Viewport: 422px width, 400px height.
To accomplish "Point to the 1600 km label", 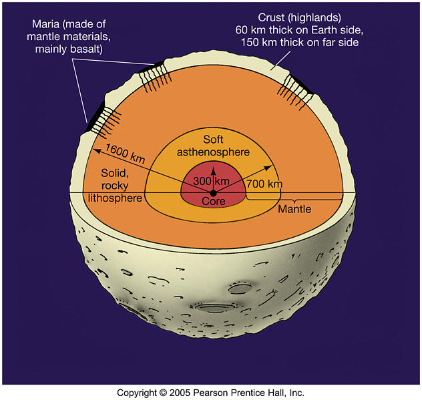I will click(124, 159).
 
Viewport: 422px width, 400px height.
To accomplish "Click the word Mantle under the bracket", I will click(294, 209).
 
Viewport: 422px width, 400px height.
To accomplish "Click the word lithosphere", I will click(115, 198).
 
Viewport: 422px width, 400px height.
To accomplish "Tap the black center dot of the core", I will click(213, 192).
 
